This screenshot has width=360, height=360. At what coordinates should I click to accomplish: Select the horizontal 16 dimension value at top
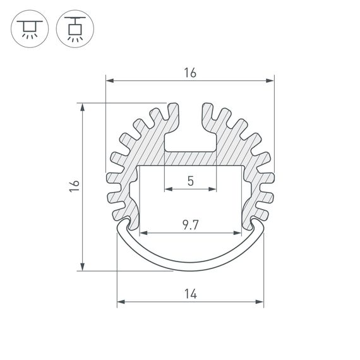click(x=190, y=73)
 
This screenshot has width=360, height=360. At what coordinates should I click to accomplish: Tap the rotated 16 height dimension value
click(x=75, y=186)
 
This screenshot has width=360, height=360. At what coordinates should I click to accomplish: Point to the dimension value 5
click(x=190, y=181)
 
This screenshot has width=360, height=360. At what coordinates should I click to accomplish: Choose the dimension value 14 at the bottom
click(x=190, y=294)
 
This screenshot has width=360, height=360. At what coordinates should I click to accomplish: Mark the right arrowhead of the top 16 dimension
click(x=272, y=81)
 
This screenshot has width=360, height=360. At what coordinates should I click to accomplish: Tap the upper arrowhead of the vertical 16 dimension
click(x=83, y=107)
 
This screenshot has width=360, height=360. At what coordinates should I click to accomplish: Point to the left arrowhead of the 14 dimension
click(x=120, y=302)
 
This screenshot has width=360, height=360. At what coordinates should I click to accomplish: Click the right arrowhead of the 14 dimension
click(x=260, y=302)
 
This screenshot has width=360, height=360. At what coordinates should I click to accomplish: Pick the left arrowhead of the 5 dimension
click(x=167, y=188)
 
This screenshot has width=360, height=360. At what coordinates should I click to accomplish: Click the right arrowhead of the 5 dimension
click(x=213, y=188)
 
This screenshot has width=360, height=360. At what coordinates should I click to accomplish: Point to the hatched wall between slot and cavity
click(x=190, y=159)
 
